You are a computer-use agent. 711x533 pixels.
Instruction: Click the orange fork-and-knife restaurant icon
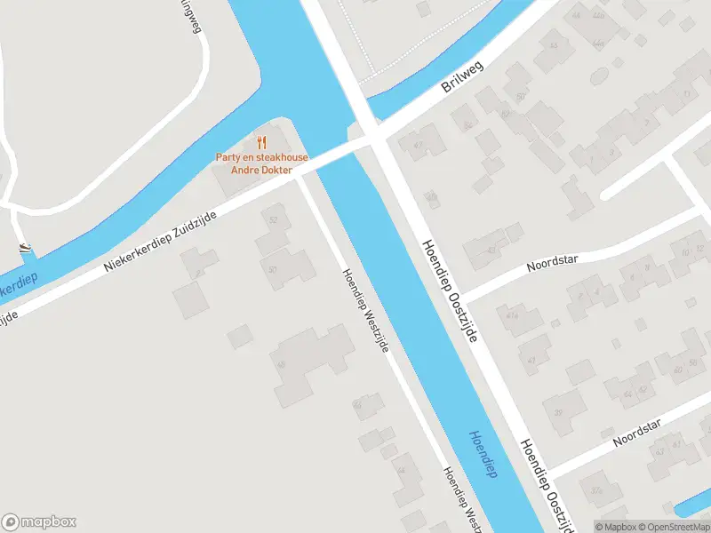pyautogui.click(x=261, y=142)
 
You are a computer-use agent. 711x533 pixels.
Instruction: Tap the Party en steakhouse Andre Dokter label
pyautogui.click(x=261, y=164)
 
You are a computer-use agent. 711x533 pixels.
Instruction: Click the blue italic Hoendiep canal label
pyautogui.click(x=483, y=454)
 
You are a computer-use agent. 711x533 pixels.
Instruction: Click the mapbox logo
pyautogui.click(x=38, y=522)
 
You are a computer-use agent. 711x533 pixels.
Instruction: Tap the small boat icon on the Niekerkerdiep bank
pyautogui.click(x=25, y=248)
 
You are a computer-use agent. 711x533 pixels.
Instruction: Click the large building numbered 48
pyautogui.click(x=311, y=362)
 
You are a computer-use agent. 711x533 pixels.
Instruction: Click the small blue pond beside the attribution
pyautogui.click(x=692, y=509)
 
